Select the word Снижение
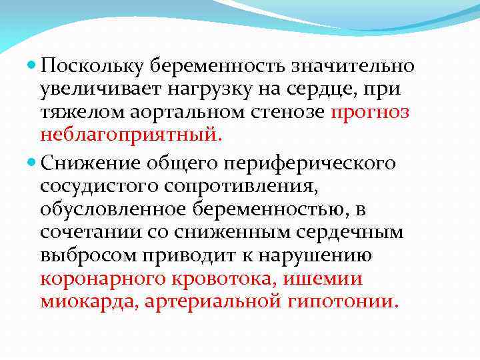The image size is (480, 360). tap(91, 162)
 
